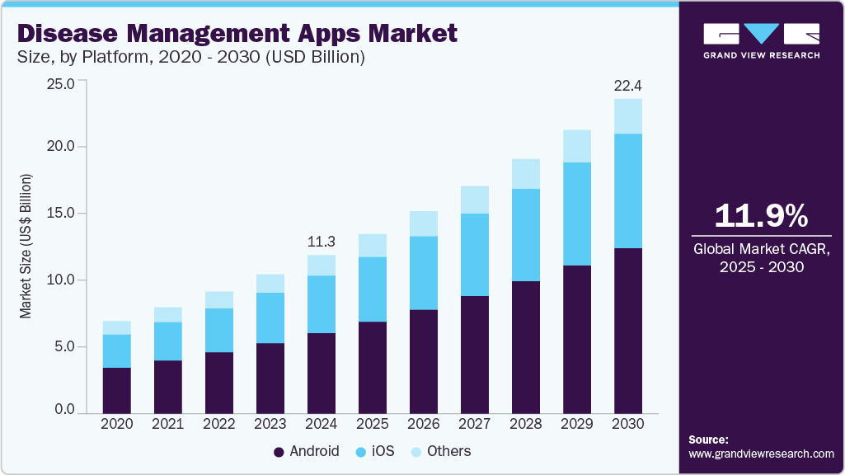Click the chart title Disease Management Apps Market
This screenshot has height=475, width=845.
coord(237,34)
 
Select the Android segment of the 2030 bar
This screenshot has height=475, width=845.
coord(627,330)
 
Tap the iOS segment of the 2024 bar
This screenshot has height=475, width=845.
coord(321,304)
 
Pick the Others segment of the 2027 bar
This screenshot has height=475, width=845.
coord(474,200)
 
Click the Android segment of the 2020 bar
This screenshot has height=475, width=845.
coord(116,390)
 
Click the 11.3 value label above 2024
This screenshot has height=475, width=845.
coord(321,242)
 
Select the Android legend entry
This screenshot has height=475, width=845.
coord(306,451)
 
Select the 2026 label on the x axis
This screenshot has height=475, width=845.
coord(423,423)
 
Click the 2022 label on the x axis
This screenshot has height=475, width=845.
coord(218,423)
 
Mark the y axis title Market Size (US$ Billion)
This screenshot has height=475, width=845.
coord(26,247)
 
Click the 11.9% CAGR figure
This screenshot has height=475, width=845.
coord(760,216)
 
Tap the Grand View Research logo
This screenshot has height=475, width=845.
coord(761,40)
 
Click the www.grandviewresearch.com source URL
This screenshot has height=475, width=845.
coord(761,454)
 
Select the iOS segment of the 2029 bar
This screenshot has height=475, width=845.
coord(576,214)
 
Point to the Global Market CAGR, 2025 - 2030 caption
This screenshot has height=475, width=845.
coord(760,256)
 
